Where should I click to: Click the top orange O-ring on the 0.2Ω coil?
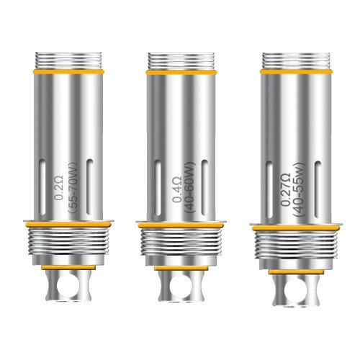(68, 72)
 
